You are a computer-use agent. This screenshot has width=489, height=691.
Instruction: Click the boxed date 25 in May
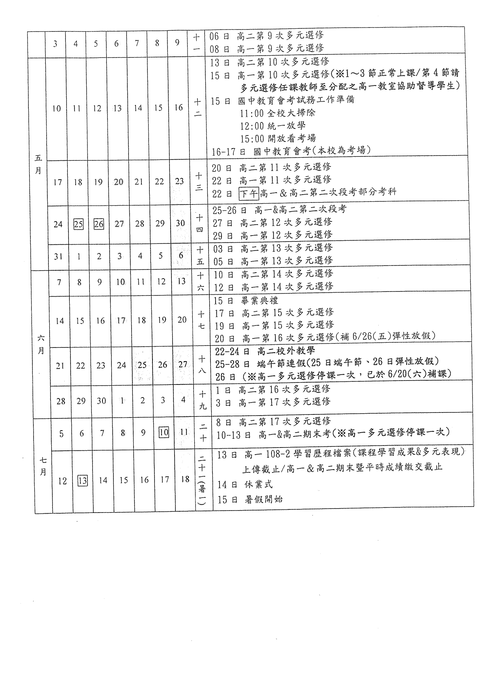[78, 224]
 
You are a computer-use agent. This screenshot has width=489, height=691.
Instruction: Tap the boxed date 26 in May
[99, 224]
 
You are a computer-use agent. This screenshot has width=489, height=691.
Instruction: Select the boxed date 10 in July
[164, 433]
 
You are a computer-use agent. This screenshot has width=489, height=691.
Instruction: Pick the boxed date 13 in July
[83, 481]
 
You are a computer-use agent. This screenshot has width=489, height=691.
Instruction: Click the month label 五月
[38, 164]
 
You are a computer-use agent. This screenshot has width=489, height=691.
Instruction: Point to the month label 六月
[41, 344]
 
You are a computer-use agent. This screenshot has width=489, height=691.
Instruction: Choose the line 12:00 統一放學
[273, 126]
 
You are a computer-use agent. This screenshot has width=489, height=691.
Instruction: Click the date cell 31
[58, 256]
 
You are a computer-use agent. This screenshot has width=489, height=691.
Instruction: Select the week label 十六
[201, 281]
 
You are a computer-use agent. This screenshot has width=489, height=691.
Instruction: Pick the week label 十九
[203, 400]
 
